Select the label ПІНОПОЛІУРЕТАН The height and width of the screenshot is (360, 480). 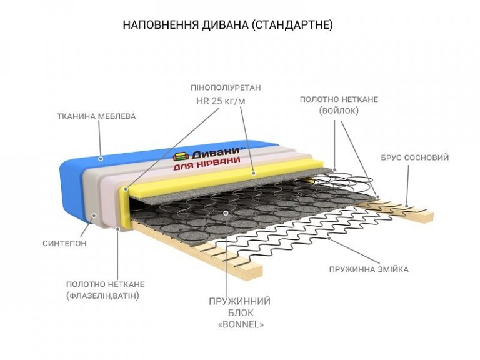tap(226, 87)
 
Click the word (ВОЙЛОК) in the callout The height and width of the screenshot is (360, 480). tap(338, 111)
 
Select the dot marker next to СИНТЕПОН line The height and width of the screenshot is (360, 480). tap(94, 217)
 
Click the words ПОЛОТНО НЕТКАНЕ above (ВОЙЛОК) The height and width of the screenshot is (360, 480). tap(338, 99)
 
